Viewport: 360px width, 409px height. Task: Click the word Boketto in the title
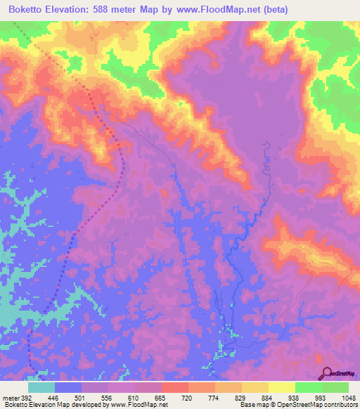click(x=27, y=9)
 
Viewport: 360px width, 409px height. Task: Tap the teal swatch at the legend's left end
click(x=41, y=387)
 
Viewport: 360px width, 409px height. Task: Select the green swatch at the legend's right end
click(x=335, y=387)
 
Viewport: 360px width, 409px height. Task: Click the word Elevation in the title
click(x=74, y=9)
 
